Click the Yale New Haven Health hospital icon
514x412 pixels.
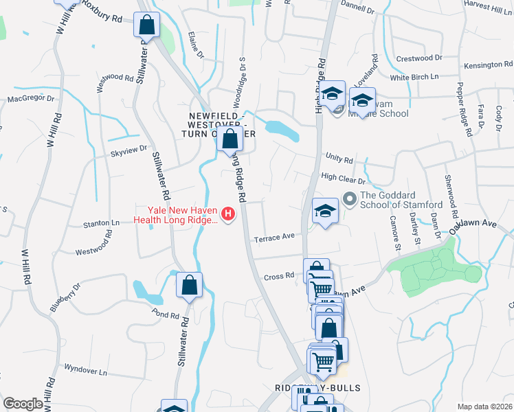tap(227, 215)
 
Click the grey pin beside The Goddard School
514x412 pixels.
tap(350, 201)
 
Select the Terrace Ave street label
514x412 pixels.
tap(274, 238)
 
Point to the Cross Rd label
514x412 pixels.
tap(279, 277)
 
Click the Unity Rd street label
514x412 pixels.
tap(339, 159)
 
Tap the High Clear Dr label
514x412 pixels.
tap(343, 177)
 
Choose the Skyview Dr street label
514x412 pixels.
tap(129, 148)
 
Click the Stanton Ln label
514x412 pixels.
tap(102, 223)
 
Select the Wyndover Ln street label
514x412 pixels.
tap(85, 369)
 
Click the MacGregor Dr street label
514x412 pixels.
tap(30, 98)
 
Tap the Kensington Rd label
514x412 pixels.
tap(484, 65)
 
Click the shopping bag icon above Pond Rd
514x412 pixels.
tap(189, 284)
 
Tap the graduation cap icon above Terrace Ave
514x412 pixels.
tap(325, 209)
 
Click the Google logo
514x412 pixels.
tap(23, 404)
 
